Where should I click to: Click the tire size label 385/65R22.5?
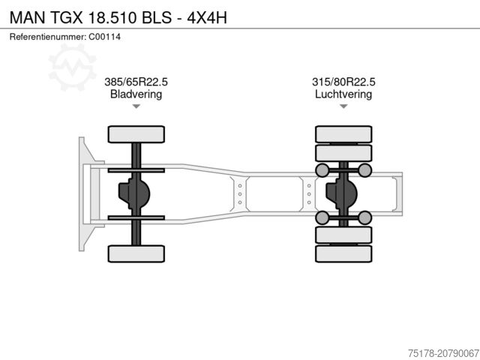pos(136,82)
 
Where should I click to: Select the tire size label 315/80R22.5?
pos(343,82)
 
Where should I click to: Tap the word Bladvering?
pos(136,94)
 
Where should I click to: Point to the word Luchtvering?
pos(343,94)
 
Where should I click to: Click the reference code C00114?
pos(104,37)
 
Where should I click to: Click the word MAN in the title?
pos(25,16)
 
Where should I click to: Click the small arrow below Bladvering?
pos(136,106)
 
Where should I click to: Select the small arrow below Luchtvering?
pos(343,106)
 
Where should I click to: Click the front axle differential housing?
pos(134,193)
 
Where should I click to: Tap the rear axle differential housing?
pos(343,193)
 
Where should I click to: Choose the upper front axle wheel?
pos(136,134)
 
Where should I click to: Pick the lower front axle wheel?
pos(136,253)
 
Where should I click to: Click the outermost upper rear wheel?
pos(343,133)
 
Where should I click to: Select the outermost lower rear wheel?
pos(343,254)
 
